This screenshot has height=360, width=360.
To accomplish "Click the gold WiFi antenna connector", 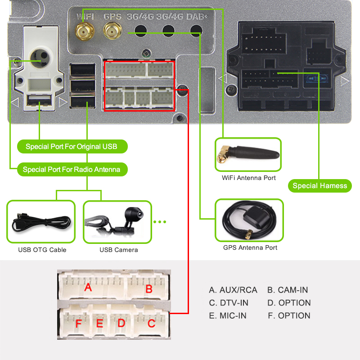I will click(82, 31).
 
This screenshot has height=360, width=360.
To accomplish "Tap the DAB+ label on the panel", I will click(197, 17).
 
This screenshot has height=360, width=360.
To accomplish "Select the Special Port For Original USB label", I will click(71, 147).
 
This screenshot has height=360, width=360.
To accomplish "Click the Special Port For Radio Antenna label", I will click(71, 170).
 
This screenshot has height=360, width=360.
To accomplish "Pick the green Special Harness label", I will click(319, 186).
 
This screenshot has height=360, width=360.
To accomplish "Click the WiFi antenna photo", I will click(248, 154).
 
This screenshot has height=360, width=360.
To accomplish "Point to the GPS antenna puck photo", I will click(249, 220).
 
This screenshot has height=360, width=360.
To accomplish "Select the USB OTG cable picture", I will click(41, 222).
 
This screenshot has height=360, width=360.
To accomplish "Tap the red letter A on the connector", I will click(88, 287).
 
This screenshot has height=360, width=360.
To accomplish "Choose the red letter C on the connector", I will click(152, 323).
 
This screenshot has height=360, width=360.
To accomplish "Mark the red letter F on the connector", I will click(79, 323).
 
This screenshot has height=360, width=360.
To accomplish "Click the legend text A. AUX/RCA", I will click(233, 290).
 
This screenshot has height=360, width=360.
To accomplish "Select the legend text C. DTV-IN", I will click(229, 303).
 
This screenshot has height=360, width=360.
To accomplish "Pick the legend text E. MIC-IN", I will click(228, 316).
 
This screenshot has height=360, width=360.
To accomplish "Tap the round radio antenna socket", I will click(36, 56).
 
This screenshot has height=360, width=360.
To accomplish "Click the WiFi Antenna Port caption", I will click(249, 178).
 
